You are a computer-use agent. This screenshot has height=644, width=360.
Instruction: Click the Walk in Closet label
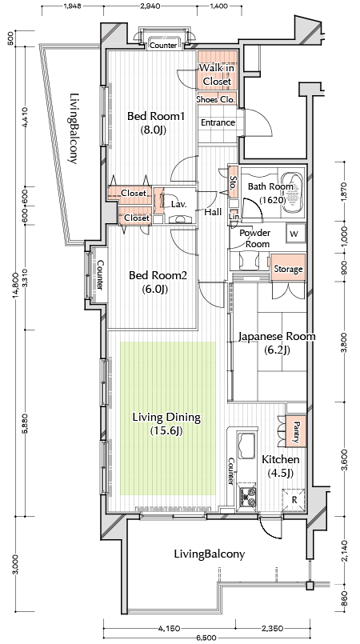217,74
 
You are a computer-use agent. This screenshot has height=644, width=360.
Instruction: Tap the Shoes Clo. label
216,99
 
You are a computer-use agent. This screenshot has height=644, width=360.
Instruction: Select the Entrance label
218,122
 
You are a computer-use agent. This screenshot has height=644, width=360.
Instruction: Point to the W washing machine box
294,234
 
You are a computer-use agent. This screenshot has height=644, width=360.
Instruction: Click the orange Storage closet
288,268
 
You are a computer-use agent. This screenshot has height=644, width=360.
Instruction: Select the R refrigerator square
294,500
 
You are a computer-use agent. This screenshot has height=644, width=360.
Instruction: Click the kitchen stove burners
247,496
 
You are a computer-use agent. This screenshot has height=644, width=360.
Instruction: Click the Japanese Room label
277,337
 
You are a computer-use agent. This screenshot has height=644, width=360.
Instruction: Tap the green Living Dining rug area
168,419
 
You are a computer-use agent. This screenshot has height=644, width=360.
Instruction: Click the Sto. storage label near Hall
232,181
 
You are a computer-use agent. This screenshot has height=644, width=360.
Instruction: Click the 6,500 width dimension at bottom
206,638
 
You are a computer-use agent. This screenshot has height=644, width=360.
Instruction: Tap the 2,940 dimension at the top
150,6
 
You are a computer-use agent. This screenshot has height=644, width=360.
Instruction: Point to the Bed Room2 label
158,275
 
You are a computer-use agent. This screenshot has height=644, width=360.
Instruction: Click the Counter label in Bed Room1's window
163,46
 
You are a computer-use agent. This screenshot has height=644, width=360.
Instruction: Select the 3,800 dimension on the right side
346,342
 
